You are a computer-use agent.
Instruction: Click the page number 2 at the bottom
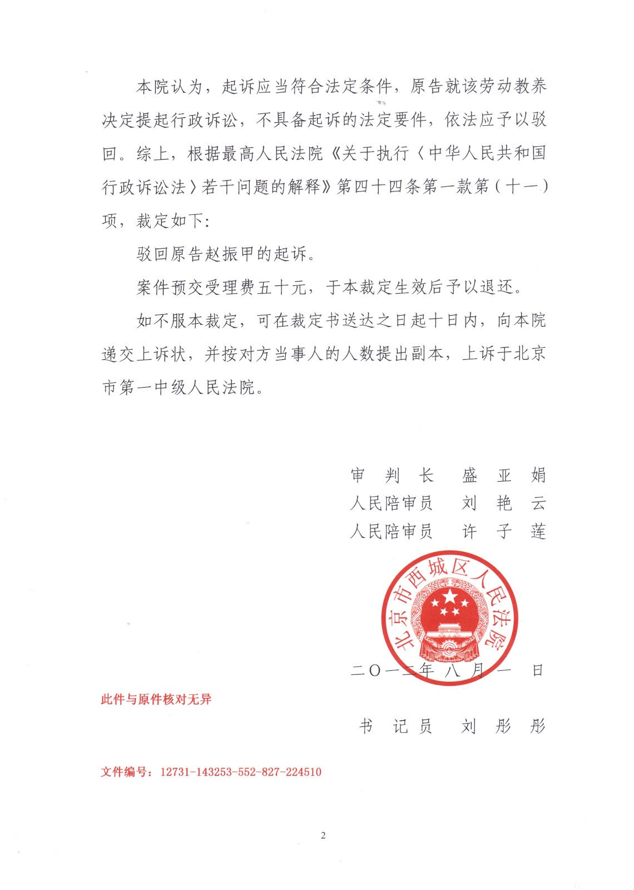tap(323, 835)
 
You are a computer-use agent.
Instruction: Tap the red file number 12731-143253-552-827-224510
tap(241, 772)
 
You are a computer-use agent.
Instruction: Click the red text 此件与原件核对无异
tap(156, 699)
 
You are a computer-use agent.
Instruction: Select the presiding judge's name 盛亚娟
tap(504, 475)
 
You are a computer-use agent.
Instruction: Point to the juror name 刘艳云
tap(504, 503)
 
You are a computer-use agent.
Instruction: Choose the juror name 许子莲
tap(504, 532)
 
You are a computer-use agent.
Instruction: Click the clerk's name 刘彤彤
tap(504, 726)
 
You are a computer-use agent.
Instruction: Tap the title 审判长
tap(392, 475)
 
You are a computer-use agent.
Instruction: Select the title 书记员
tap(395, 726)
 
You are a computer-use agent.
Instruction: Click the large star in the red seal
tap(449, 597)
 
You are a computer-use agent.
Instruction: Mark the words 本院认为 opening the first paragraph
tap(170, 87)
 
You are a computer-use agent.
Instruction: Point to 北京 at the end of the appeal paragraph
tap(530, 354)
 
